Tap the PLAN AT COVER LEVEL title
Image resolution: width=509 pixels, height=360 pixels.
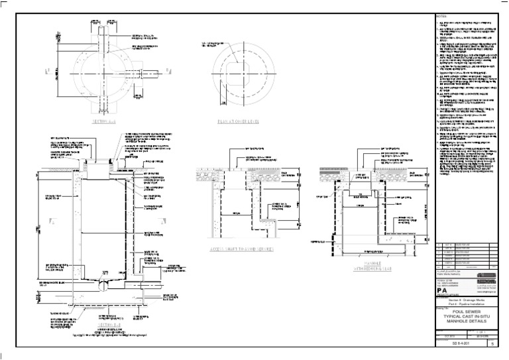[237, 123]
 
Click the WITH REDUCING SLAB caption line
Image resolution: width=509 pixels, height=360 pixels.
[365, 269]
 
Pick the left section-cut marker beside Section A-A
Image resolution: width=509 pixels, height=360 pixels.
[48, 70]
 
